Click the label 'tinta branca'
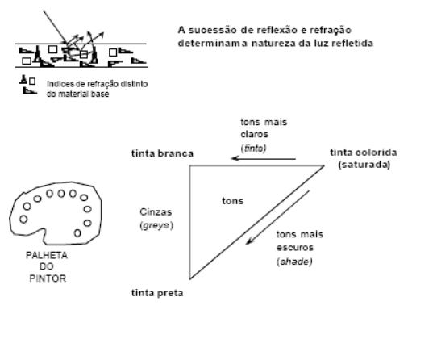click(162, 153)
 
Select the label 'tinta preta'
click(157, 293)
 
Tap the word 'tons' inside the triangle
click(233, 201)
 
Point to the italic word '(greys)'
click(156, 225)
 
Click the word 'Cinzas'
click(156, 211)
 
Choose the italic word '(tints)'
click(253, 148)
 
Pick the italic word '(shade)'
click(294, 262)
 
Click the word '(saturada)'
click(364, 165)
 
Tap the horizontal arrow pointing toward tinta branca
click(264, 159)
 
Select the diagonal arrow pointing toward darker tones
click(277, 217)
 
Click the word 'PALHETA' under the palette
click(47, 255)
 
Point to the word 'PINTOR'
click(48, 278)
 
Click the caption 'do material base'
click(77, 94)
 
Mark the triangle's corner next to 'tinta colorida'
click(324, 165)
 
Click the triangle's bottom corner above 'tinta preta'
click(189, 278)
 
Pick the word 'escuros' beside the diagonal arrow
click(295, 248)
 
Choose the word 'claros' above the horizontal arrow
click(255, 134)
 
